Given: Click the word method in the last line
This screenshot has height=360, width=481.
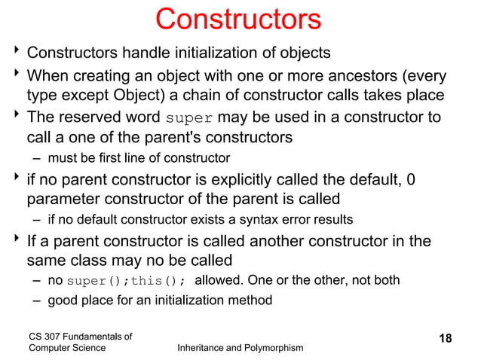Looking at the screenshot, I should tap(252, 301).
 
